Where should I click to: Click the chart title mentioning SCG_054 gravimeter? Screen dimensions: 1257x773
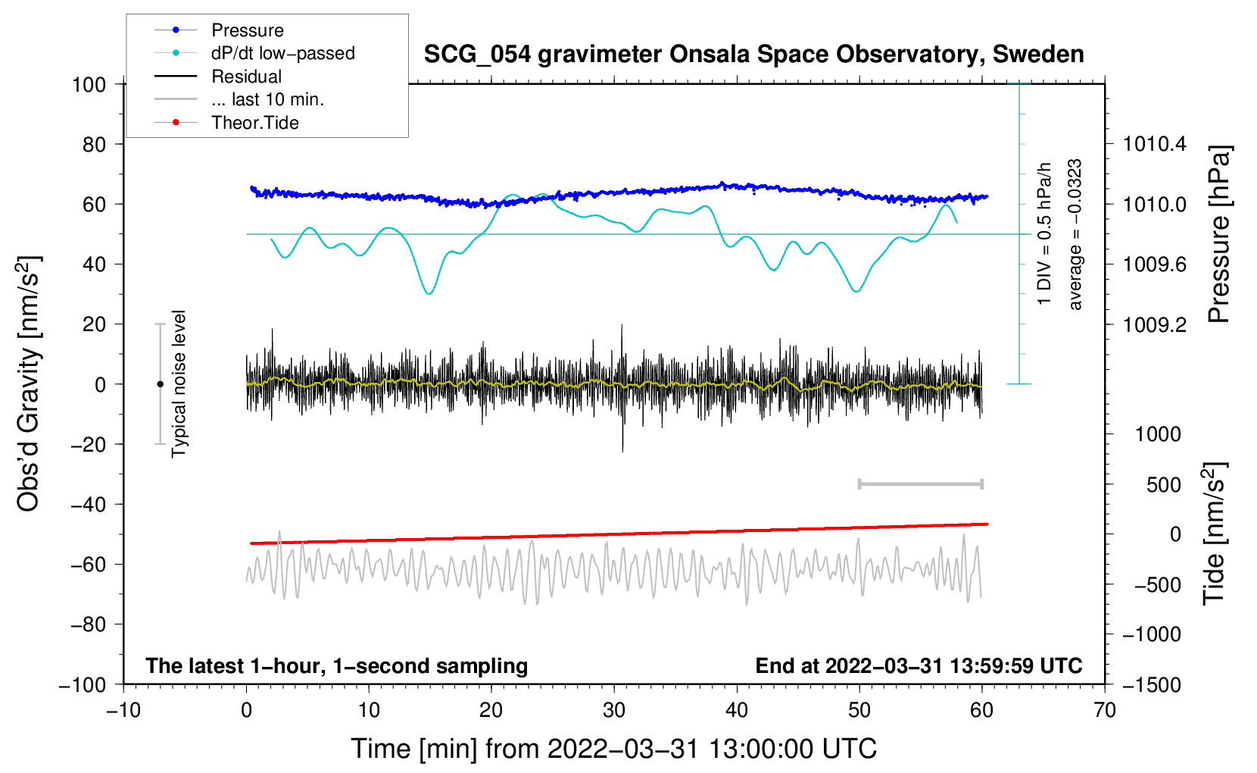point(753,55)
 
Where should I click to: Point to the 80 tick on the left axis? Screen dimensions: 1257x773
point(94,145)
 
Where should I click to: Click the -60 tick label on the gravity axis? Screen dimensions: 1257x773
point(88,564)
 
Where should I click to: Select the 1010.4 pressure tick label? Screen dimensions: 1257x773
point(1154,145)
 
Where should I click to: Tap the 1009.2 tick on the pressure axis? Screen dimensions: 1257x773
point(1154,324)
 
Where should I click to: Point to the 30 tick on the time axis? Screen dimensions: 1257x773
point(614,711)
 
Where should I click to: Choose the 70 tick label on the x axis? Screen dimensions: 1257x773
point(1104,711)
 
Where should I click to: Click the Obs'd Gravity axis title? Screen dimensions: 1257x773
point(28,383)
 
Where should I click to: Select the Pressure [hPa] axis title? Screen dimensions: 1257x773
point(1218,234)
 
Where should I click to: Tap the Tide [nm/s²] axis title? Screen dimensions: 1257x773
point(1214,534)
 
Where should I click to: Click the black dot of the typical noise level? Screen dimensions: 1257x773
point(160,384)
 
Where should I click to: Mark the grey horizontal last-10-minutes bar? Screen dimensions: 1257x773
point(920,484)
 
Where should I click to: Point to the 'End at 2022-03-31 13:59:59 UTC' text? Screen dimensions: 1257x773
point(919,665)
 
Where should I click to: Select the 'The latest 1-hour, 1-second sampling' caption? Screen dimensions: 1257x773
point(337,666)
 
